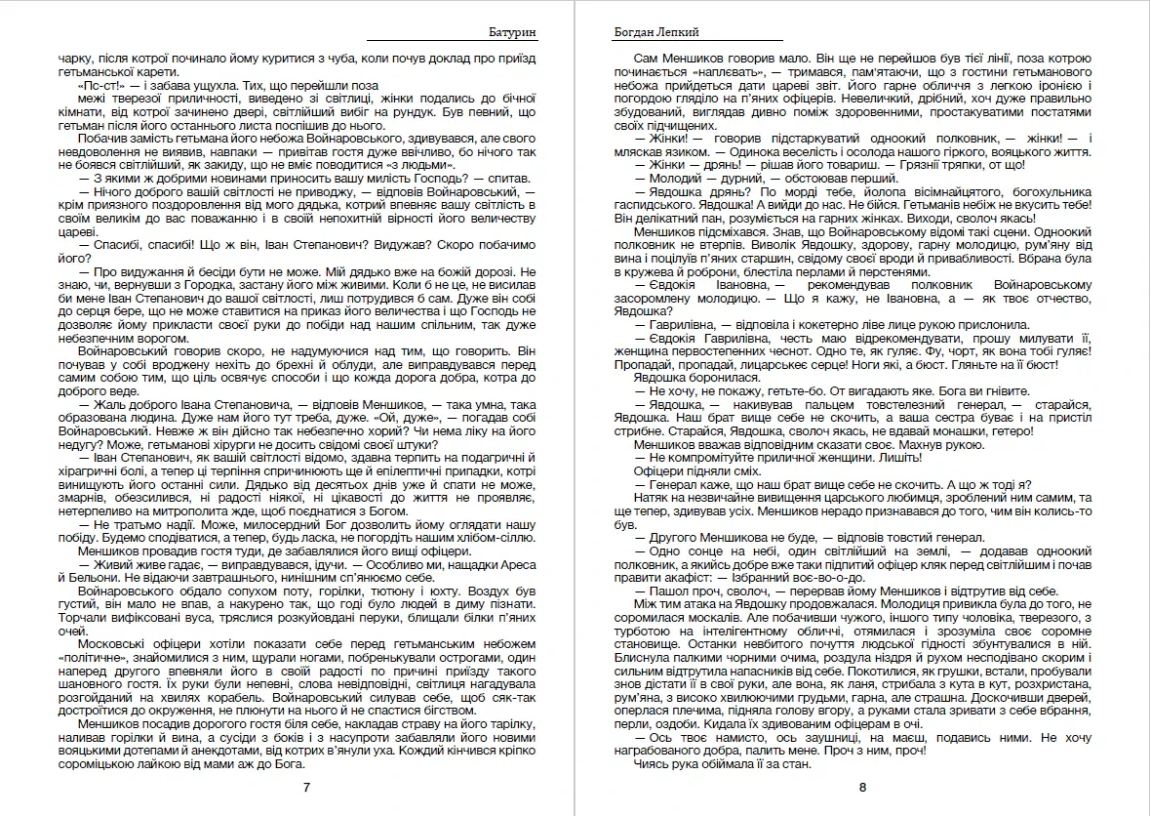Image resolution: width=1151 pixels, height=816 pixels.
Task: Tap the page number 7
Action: [307, 787]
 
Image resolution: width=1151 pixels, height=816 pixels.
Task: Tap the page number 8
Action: [862, 787]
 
